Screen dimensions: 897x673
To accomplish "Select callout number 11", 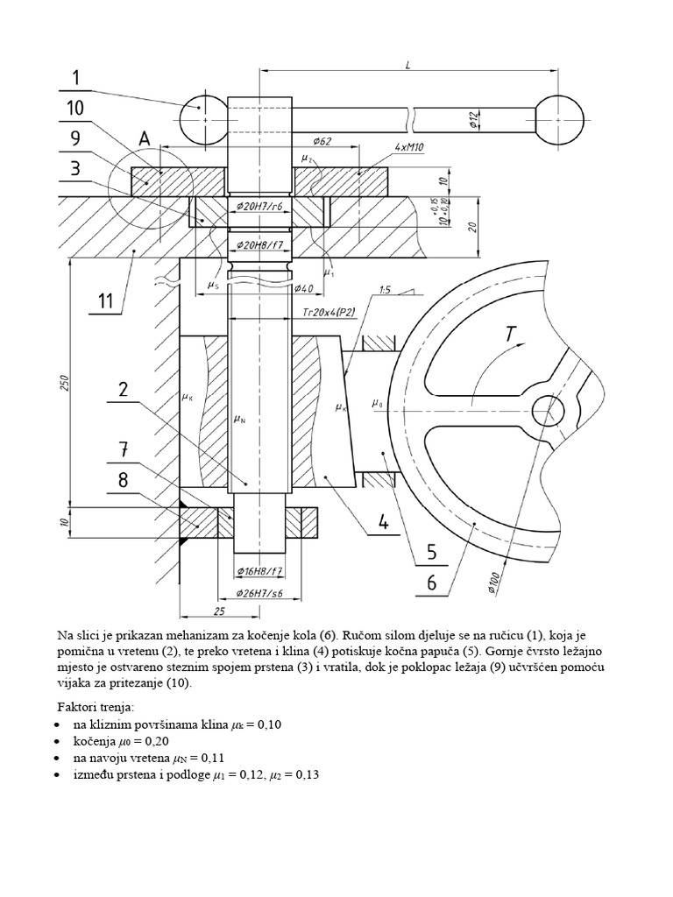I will (x=105, y=302).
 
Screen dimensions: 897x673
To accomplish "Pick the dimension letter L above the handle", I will (x=409, y=64).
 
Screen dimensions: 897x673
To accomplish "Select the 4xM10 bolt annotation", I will (x=409, y=148).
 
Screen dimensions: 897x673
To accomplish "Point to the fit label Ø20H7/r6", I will (x=260, y=207).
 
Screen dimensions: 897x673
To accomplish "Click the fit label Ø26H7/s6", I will (x=262, y=594).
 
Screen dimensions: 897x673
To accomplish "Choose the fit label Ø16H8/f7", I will (x=261, y=571).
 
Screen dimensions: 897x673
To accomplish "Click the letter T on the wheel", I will (x=510, y=335).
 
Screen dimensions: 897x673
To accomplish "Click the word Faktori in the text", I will (x=80, y=706).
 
